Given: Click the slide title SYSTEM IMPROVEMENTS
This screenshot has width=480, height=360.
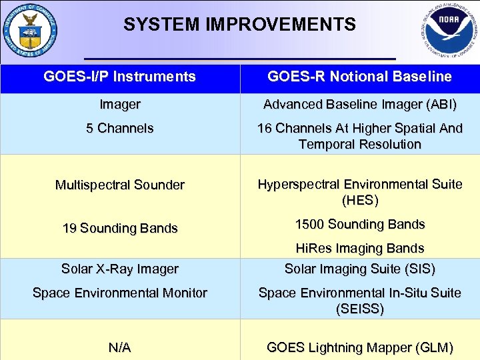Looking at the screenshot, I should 239,25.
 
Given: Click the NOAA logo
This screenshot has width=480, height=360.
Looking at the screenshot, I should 449,31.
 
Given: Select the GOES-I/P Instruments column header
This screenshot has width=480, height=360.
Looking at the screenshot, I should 120,77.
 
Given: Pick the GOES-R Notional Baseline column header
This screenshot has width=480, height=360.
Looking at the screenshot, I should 359,77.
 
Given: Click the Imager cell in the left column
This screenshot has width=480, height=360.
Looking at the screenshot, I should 120,105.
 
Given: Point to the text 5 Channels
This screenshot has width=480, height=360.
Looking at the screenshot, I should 120,128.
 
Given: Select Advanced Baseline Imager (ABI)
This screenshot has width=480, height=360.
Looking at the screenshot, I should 359,105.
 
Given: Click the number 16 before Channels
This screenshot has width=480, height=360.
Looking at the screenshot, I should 265,128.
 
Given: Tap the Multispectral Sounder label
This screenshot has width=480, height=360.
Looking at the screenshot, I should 120,185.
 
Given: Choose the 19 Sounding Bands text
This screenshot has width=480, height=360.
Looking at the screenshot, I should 120,228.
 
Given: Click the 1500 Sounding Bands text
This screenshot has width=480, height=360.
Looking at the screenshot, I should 359,224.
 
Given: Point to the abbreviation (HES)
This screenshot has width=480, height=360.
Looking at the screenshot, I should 359,200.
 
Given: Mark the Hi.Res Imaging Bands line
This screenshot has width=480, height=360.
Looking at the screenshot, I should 359,248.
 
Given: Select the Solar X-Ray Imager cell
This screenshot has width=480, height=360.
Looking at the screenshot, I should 120,269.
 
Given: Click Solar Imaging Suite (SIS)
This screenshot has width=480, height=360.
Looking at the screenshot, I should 359,269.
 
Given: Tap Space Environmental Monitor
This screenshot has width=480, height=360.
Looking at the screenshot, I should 120,293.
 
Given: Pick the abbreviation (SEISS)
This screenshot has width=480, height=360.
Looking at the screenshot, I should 359,309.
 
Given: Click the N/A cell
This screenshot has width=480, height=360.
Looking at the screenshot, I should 120,347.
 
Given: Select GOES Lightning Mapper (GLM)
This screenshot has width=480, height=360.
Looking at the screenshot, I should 359,347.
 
